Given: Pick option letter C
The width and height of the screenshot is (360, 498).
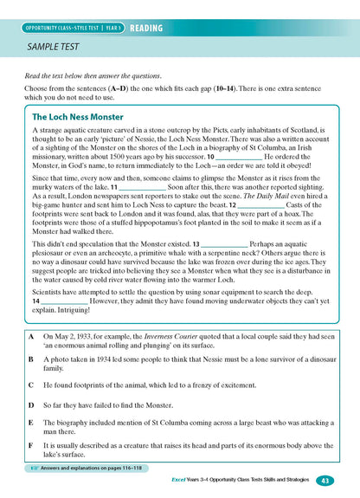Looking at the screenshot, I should (31, 383).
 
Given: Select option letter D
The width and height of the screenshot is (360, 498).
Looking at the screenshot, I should (31, 404).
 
